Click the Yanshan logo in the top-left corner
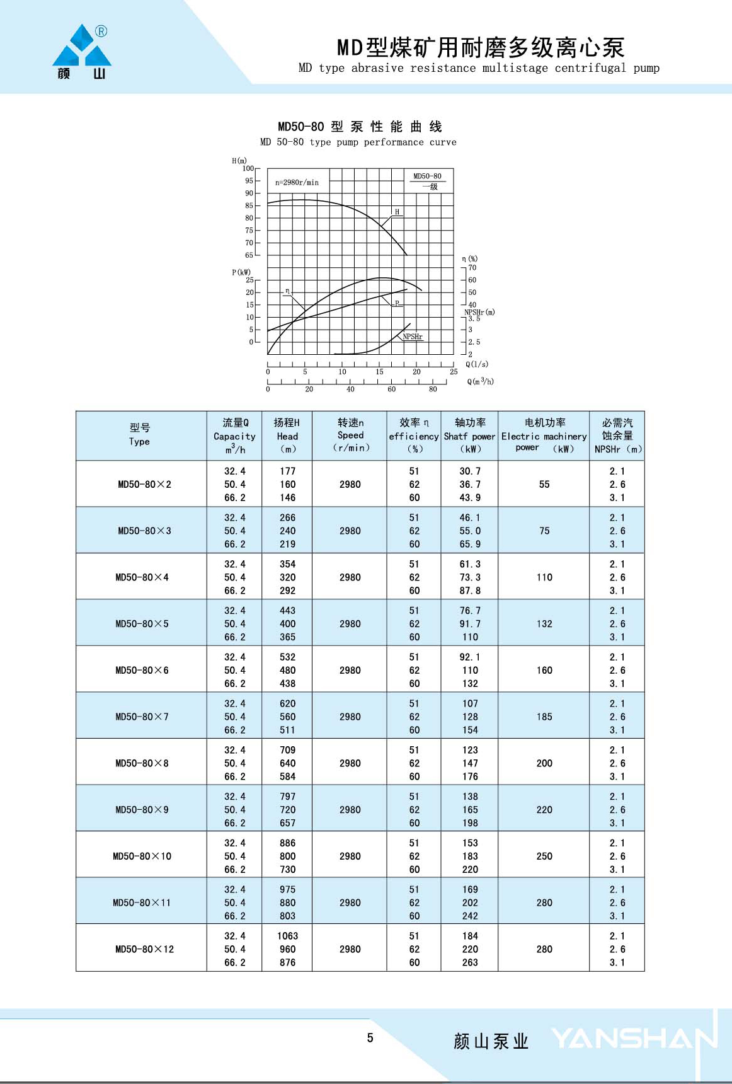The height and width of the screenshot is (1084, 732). coord(82,52)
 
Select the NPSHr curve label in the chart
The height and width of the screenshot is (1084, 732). coord(413,337)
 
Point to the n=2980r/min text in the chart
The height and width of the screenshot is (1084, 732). coord(297,183)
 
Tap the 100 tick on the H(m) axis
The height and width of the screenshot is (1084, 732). coord(248,168)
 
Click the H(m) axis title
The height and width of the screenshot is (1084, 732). coord(239,161)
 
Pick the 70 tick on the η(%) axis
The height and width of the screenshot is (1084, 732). coord(472,268)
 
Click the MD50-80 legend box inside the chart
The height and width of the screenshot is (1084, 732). coord(427,181)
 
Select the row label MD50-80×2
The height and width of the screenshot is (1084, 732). coord(144,484)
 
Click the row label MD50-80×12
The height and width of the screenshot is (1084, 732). coord(144,949)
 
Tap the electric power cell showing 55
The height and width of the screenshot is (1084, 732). coord(544,484)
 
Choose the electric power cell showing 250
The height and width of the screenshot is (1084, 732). coord(544,856)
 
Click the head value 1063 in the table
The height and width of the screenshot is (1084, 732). coord(287,936)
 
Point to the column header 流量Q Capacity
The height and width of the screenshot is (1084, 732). coord(234,435)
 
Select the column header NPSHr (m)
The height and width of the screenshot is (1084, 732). coord(617,435)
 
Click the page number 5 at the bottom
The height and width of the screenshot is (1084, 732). coord(370,1038)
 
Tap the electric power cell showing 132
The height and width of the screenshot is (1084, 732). coord(544,624)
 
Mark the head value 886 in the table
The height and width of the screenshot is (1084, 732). coord(287,843)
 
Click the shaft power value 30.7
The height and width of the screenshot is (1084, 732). coord(470,471)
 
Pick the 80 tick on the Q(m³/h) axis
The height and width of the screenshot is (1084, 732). coord(433,389)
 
